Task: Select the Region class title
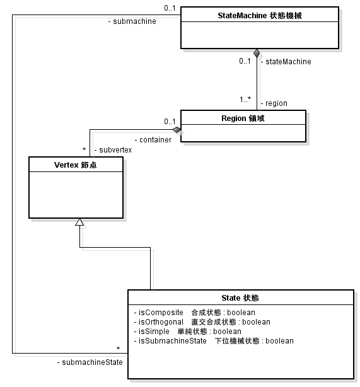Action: [x=243, y=118]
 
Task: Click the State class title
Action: [x=240, y=297]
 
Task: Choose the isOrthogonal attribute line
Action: [x=202, y=321]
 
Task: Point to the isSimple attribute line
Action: [x=188, y=331]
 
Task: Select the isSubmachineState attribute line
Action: [x=214, y=340]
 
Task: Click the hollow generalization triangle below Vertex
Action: [x=79, y=222]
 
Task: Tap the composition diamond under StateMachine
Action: [x=257, y=53]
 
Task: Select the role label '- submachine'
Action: [x=132, y=21]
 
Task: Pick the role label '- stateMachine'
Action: [x=286, y=62]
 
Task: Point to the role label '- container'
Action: [x=153, y=139]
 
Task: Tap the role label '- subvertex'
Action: [x=112, y=150]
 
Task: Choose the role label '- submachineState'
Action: [x=90, y=362]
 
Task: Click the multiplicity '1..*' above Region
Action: [x=245, y=100]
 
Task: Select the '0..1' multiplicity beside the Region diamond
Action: [x=169, y=121]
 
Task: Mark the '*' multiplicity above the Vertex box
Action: [x=84, y=150]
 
